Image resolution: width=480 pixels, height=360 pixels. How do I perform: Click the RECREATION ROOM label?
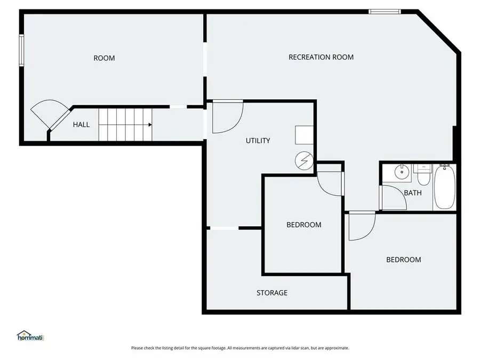click(x=321, y=57)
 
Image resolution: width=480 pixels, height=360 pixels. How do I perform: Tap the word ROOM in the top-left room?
click(x=104, y=58)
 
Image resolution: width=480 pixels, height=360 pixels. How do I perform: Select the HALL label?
click(x=81, y=124)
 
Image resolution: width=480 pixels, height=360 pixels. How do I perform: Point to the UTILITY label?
click(x=258, y=141)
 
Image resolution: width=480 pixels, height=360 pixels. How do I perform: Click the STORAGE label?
click(x=271, y=293)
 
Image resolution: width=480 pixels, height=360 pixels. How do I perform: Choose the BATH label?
click(x=412, y=193)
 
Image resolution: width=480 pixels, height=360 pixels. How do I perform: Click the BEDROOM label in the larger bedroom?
click(x=403, y=260)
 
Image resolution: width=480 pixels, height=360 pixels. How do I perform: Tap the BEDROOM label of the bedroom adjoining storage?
click(x=303, y=225)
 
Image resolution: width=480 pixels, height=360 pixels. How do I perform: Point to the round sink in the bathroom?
click(x=401, y=172)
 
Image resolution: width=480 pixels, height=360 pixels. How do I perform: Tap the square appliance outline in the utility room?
click(x=305, y=135)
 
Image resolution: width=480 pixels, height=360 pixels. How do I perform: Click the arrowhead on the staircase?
click(x=150, y=124)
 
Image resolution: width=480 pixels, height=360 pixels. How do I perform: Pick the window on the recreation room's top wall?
click(x=385, y=11)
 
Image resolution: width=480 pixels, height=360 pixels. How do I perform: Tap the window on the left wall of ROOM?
click(x=22, y=50)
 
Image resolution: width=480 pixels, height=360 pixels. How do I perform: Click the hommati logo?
click(x=30, y=336)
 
